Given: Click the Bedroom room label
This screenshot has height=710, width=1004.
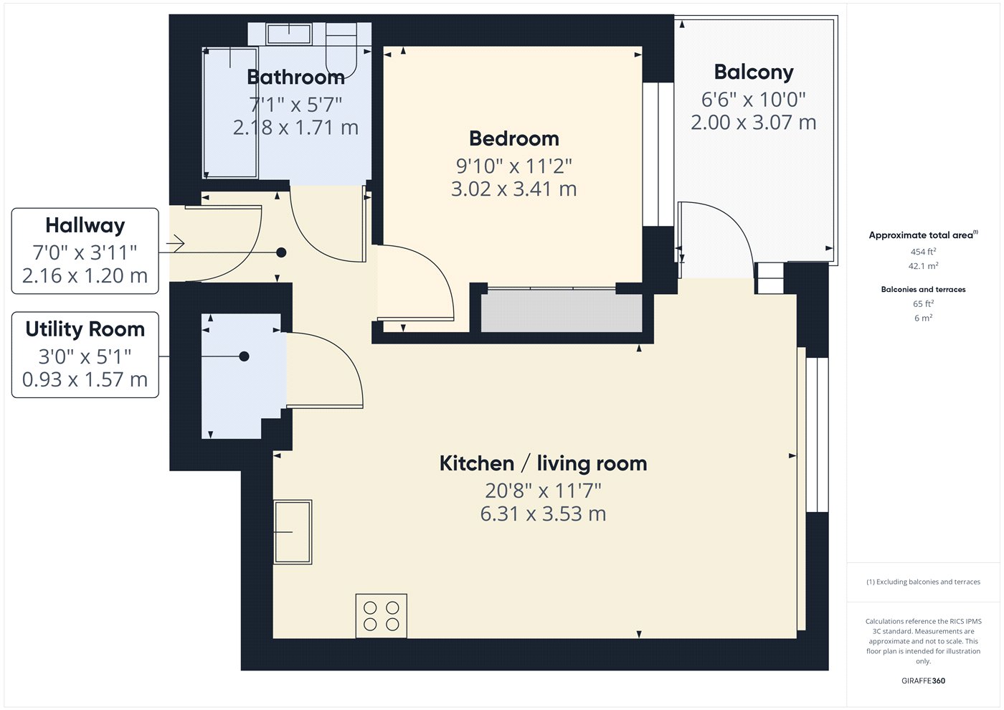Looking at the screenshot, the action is click(x=514, y=138).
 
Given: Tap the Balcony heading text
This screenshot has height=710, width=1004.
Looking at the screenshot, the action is click(x=754, y=72).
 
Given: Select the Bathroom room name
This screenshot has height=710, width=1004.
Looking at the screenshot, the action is click(x=295, y=77).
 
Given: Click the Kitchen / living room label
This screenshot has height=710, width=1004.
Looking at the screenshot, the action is click(x=544, y=463).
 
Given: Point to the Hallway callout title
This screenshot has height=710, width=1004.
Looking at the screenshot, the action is click(x=85, y=225).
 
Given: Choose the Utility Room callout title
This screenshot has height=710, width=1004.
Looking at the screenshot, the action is click(x=85, y=329).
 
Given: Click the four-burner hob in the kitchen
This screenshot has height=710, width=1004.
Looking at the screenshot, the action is click(x=382, y=616).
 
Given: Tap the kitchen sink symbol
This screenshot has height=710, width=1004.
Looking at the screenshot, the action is click(x=293, y=531).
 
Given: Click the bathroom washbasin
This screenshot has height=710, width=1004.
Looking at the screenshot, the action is click(x=288, y=34).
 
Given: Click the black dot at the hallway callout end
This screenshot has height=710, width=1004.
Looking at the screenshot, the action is click(x=281, y=252).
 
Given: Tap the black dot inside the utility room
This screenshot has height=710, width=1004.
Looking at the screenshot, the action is click(x=245, y=356).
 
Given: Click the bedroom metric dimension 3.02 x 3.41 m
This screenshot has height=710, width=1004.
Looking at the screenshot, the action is click(x=513, y=189).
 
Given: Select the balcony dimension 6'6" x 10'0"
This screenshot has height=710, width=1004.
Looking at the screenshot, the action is click(x=754, y=100).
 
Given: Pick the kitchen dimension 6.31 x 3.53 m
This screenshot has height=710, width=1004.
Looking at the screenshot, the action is click(x=544, y=513).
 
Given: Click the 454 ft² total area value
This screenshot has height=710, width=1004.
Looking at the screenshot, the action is click(x=924, y=252).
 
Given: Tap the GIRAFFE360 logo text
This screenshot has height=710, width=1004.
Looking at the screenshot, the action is click(x=924, y=681).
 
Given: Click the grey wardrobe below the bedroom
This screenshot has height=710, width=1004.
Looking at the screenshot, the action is click(x=562, y=311).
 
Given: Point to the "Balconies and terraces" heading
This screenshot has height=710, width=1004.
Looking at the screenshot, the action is click(x=924, y=290).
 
